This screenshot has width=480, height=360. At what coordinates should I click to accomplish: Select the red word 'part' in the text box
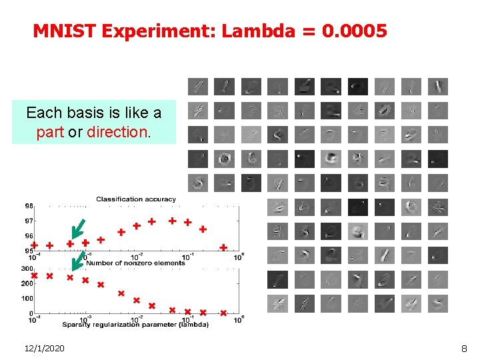click(50, 132)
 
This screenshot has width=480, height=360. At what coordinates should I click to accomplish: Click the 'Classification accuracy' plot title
click(136, 199)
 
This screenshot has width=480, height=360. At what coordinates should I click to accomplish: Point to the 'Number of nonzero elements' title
click(136, 263)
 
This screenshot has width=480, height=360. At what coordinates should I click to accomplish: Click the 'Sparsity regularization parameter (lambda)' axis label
click(135, 325)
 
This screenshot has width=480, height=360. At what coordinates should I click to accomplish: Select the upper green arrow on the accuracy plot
click(78, 228)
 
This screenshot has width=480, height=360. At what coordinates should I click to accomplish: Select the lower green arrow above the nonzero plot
click(77, 261)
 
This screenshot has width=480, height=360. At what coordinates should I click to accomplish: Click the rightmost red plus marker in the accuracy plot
click(223, 247)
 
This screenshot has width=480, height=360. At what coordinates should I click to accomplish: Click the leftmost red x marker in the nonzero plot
click(34, 275)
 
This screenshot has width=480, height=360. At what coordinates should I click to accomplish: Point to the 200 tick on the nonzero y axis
click(27, 283)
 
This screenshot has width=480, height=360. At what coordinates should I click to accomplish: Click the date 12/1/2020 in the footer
click(44, 348)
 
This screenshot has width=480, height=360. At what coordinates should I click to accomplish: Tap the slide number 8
click(464, 348)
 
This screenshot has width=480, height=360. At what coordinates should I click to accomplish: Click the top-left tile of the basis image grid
click(197, 87)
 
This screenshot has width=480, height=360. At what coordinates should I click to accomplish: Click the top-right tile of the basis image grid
click(438, 87)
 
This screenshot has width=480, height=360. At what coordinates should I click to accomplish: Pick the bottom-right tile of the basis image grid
click(438, 303)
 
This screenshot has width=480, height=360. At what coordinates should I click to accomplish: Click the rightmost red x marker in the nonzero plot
click(223, 313)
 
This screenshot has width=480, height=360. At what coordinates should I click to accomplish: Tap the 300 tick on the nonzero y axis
click(27, 268)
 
